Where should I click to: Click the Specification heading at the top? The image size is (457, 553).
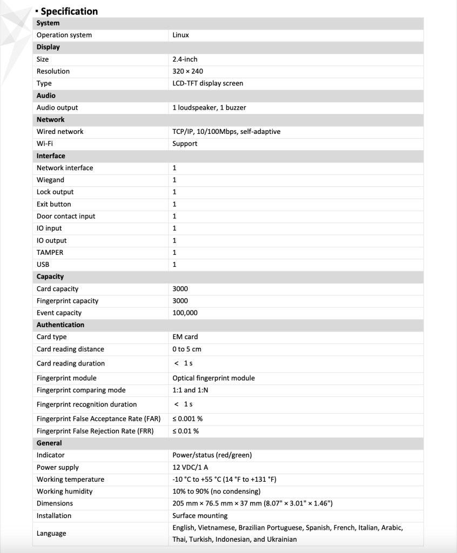click(x=69, y=11)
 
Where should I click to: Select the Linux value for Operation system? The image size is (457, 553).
click(x=180, y=35)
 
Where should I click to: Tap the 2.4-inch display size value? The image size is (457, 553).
click(x=185, y=59)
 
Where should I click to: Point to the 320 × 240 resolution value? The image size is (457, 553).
click(x=187, y=71)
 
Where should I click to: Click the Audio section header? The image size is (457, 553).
click(x=46, y=96)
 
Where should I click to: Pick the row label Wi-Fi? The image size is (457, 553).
click(x=45, y=144)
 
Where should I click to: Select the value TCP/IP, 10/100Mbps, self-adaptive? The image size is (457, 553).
click(x=226, y=132)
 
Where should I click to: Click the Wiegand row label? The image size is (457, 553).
click(x=50, y=180)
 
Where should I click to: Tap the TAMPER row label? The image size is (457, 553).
click(x=50, y=252)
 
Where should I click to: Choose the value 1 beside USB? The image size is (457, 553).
click(x=174, y=265)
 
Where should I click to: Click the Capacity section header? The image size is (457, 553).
click(x=50, y=276)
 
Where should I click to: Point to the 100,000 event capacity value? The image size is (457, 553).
click(x=185, y=313)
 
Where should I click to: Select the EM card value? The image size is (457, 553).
click(x=185, y=337)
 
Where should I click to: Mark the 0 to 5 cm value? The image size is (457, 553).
click(x=187, y=349)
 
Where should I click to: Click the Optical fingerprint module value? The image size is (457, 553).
click(x=213, y=378)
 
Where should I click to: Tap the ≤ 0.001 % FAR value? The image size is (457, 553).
click(x=187, y=419)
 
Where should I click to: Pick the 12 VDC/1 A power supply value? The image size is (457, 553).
click(x=190, y=467)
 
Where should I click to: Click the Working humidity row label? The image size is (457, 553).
click(x=64, y=491)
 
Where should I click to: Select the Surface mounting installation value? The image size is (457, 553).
click(x=200, y=516)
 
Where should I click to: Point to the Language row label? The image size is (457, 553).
click(x=51, y=534)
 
